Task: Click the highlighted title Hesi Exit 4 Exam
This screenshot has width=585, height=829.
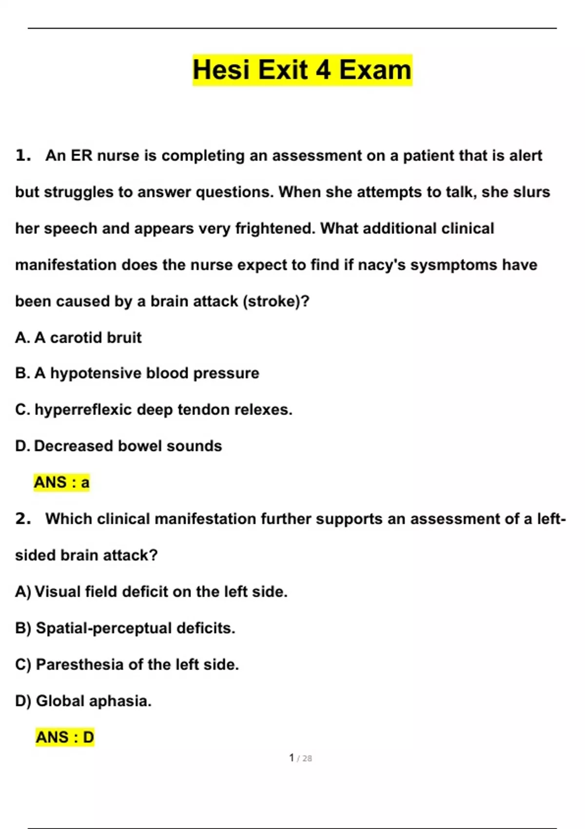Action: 302,70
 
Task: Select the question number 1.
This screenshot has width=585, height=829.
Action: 22,156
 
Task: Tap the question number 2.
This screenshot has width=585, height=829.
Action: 22,519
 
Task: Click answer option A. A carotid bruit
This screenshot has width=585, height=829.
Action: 78,337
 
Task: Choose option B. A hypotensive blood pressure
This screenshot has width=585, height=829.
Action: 137,374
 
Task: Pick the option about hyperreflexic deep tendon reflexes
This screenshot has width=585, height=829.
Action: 154,410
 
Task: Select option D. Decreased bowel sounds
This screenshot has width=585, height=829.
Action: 118,446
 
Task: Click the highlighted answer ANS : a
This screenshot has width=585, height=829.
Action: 61,482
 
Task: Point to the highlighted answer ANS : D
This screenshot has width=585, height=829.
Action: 64,737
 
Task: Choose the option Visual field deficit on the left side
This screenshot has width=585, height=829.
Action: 151,592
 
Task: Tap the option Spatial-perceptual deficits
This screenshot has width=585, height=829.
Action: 125,628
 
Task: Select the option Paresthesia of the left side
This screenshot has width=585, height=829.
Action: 127,665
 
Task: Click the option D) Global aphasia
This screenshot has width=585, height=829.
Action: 83,701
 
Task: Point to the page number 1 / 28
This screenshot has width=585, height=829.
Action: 300,758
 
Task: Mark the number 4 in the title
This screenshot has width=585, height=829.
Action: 323,70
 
